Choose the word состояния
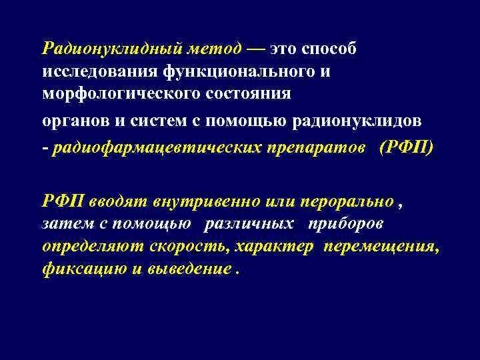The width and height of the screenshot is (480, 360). tap(249, 93)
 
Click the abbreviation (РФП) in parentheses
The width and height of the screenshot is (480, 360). tap(405, 146)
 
